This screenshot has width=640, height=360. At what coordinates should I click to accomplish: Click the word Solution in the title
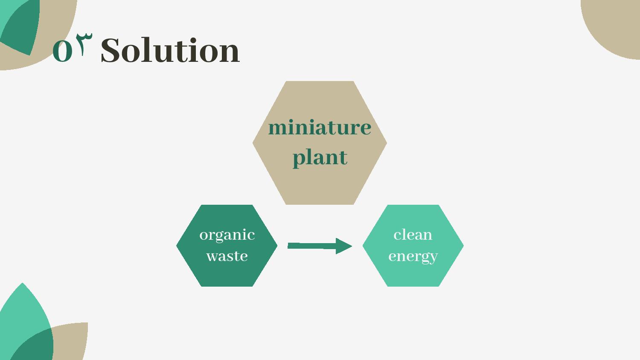170,50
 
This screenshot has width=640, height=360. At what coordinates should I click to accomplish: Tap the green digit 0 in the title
62,51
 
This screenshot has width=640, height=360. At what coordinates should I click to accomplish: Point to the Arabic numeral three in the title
84,44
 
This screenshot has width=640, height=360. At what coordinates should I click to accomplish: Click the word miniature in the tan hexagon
320,127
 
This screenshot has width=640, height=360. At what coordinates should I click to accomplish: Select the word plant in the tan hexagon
320,158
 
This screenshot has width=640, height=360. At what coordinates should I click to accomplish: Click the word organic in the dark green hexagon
227,235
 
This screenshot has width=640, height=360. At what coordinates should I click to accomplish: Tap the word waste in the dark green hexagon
227,256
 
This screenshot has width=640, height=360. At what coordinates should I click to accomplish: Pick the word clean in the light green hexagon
413,235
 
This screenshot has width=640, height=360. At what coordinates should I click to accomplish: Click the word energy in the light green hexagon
413,257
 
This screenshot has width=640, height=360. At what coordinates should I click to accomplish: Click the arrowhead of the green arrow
343,246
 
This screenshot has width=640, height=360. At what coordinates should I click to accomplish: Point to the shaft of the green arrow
312,246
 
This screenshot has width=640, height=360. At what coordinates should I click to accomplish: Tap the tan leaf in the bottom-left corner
71,340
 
